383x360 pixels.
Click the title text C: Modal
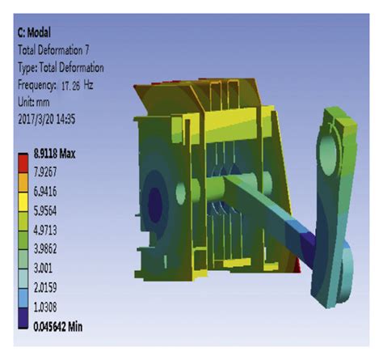coord(34,33)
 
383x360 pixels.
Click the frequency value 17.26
coord(70,87)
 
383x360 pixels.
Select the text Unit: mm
coord(34,103)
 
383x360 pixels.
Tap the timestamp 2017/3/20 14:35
coord(46,119)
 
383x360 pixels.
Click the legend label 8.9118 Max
coord(54,154)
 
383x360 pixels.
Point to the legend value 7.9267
coord(45,172)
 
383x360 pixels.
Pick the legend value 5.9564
coord(45,211)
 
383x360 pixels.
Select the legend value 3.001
coord(43,269)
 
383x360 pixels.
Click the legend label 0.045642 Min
coord(57,327)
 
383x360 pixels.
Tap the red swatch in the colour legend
coord(23,163)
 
